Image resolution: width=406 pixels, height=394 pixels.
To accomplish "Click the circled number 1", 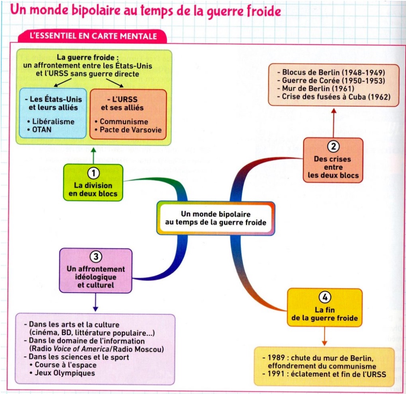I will point(94,173).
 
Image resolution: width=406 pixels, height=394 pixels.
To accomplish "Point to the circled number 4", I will point(325,297).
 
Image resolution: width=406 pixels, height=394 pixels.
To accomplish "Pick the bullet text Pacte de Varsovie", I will point(130,130).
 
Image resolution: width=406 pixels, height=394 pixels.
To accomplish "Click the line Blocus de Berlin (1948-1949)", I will point(333,73).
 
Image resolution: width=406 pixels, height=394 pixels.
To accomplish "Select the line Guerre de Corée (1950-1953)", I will point(333,81).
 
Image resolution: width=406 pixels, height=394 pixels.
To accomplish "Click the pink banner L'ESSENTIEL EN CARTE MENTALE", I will point(93,36).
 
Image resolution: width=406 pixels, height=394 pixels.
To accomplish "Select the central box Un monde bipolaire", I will point(216,218).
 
